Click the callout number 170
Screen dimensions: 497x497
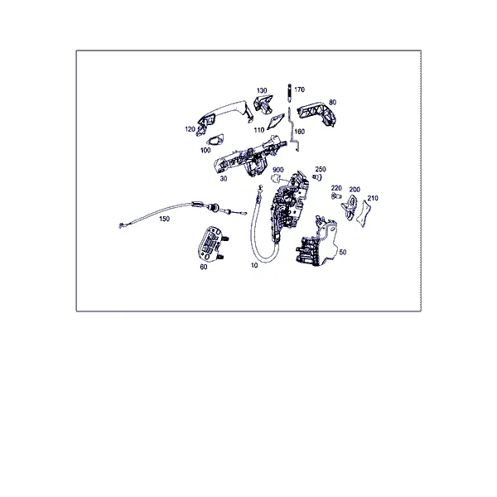click(299, 89)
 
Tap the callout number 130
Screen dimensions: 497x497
click(262, 90)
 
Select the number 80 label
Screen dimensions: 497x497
click(332, 103)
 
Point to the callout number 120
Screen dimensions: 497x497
click(190, 129)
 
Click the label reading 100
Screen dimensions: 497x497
click(205, 150)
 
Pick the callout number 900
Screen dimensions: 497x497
click(278, 170)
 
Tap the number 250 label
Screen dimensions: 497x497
click(321, 169)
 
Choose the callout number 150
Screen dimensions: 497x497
click(164, 219)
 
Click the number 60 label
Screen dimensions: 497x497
click(204, 268)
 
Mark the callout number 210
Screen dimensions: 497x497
click(373, 199)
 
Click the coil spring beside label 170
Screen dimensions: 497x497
click(289, 93)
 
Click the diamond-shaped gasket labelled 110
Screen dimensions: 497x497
click(275, 122)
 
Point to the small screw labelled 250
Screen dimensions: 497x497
click(317, 177)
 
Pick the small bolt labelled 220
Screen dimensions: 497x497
click(336, 196)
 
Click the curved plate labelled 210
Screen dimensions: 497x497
click(364, 214)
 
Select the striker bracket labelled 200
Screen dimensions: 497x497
click(350, 207)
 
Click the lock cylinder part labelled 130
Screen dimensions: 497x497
click(263, 104)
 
